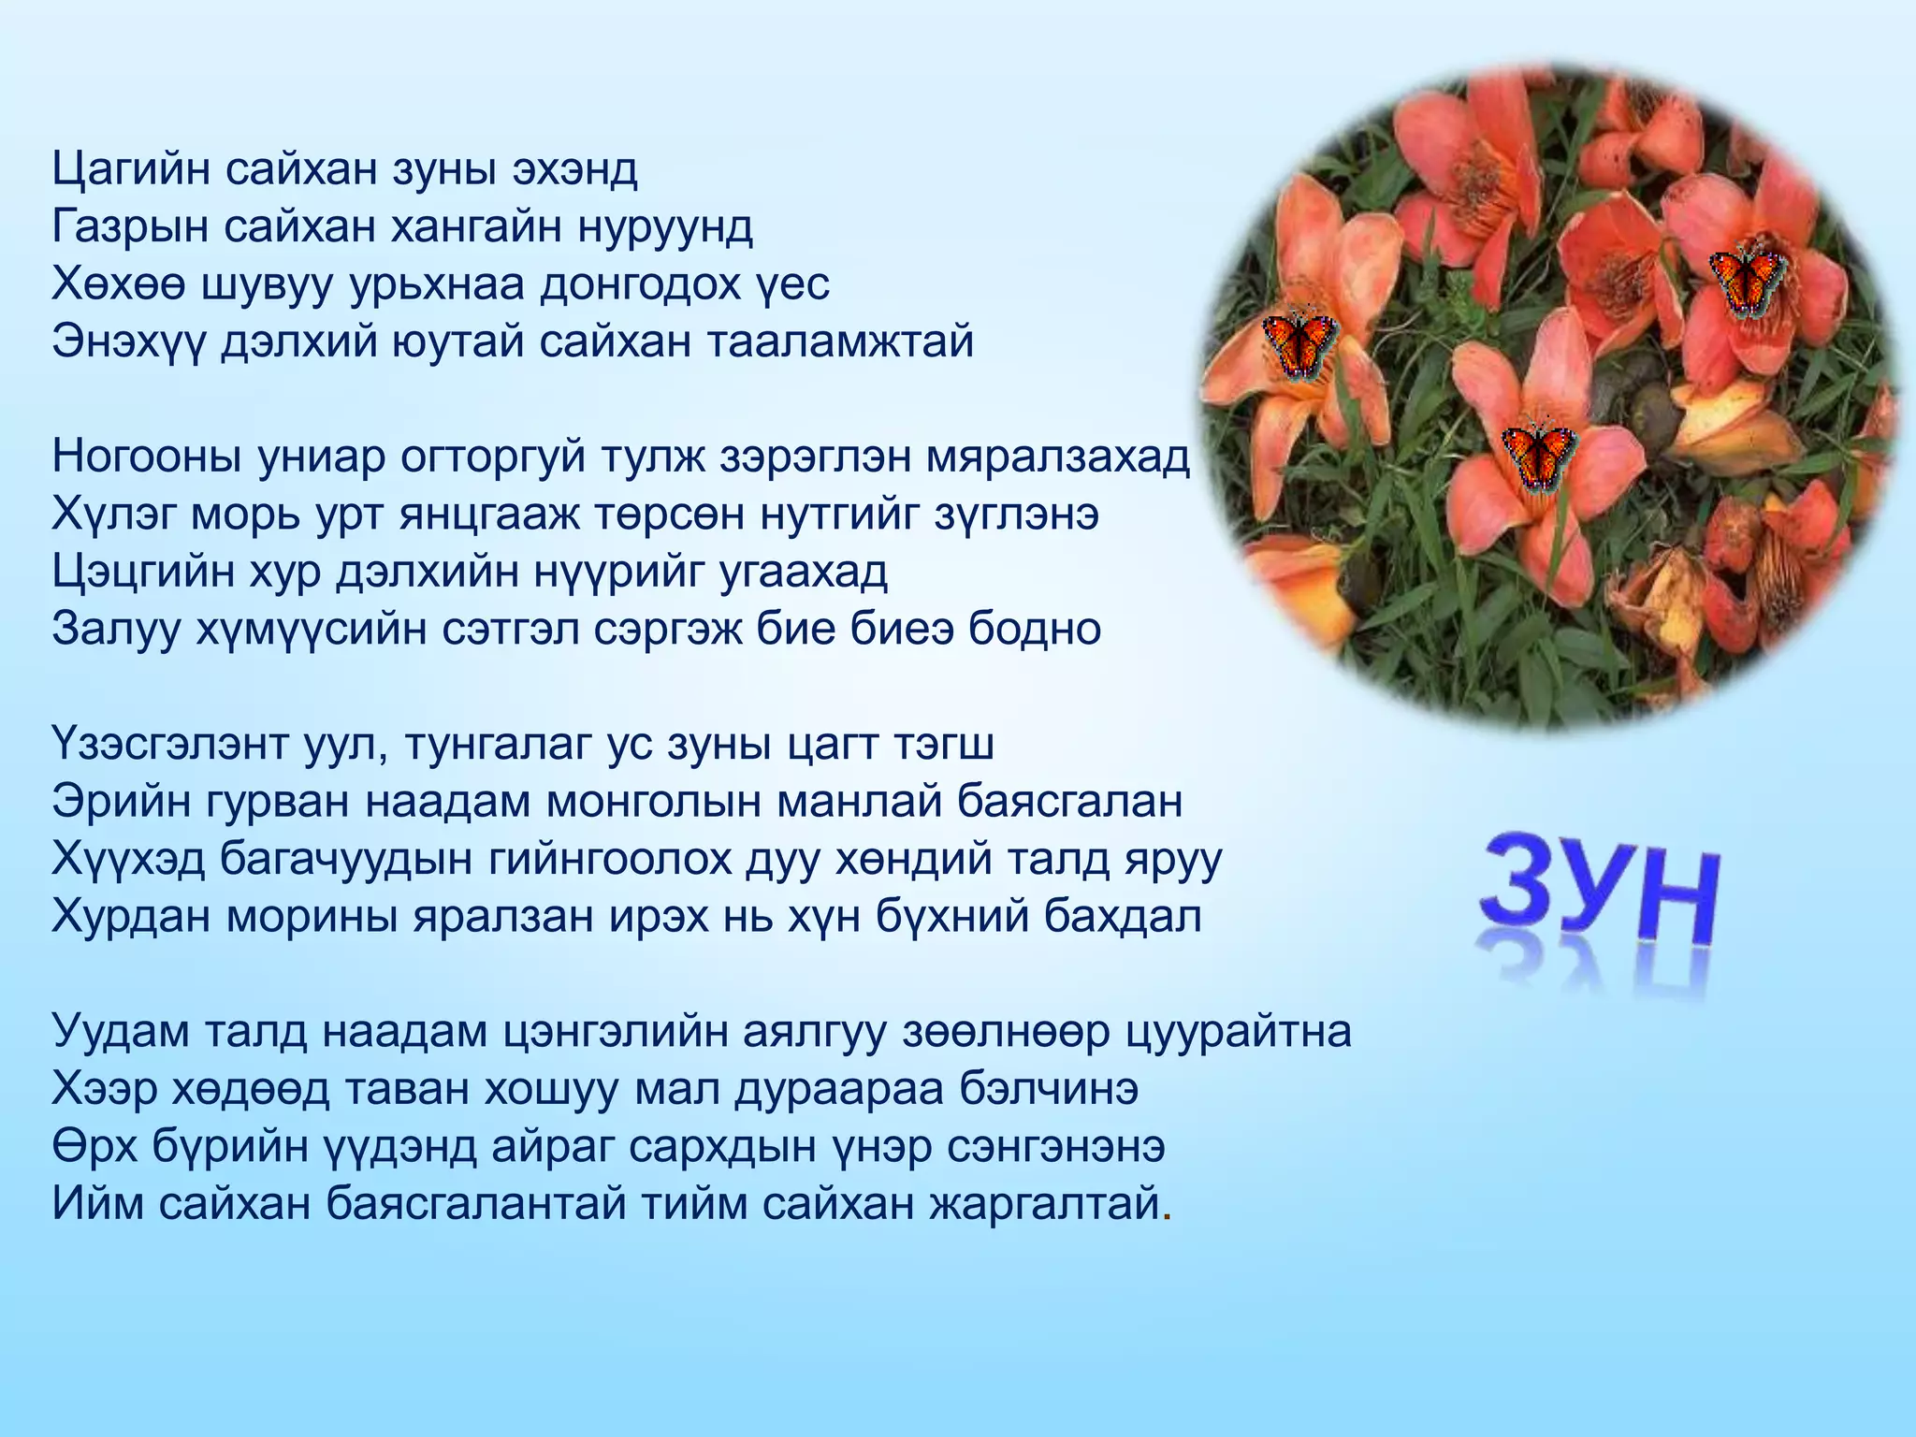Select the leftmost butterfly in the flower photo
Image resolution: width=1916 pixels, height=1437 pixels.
1299,343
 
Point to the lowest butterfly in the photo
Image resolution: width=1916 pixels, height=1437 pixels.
1538,455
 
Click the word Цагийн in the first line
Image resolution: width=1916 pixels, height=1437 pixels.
130,171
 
